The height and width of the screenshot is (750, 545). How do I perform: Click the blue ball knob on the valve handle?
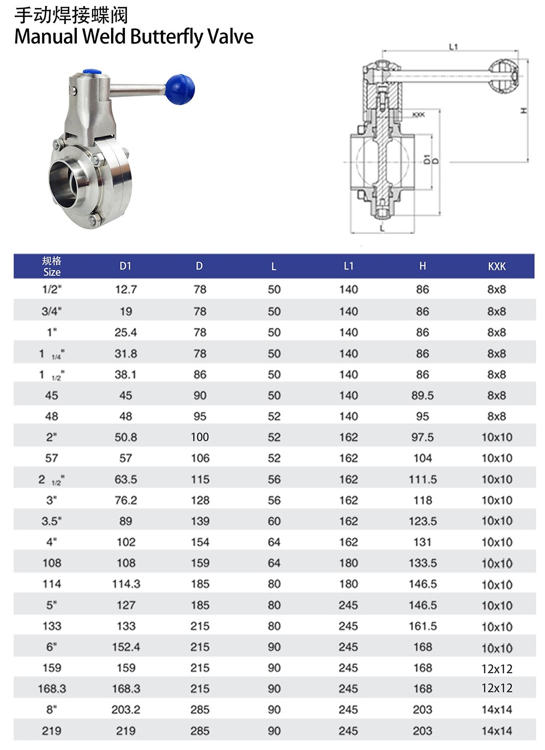click(x=180, y=89)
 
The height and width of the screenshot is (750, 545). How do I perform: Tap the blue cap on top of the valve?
click(x=93, y=72)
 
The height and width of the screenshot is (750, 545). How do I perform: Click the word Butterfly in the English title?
click(x=166, y=36)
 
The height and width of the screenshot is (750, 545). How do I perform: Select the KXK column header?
click(x=496, y=266)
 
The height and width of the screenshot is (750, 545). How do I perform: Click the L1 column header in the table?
click(x=348, y=266)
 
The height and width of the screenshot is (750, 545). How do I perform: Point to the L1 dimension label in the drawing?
click(x=453, y=47)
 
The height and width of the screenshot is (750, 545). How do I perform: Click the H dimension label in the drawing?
click(x=524, y=111)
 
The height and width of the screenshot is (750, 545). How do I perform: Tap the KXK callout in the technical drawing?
click(x=419, y=115)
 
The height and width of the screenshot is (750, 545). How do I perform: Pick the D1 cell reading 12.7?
click(x=126, y=289)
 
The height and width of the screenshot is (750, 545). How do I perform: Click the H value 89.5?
click(x=423, y=395)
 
